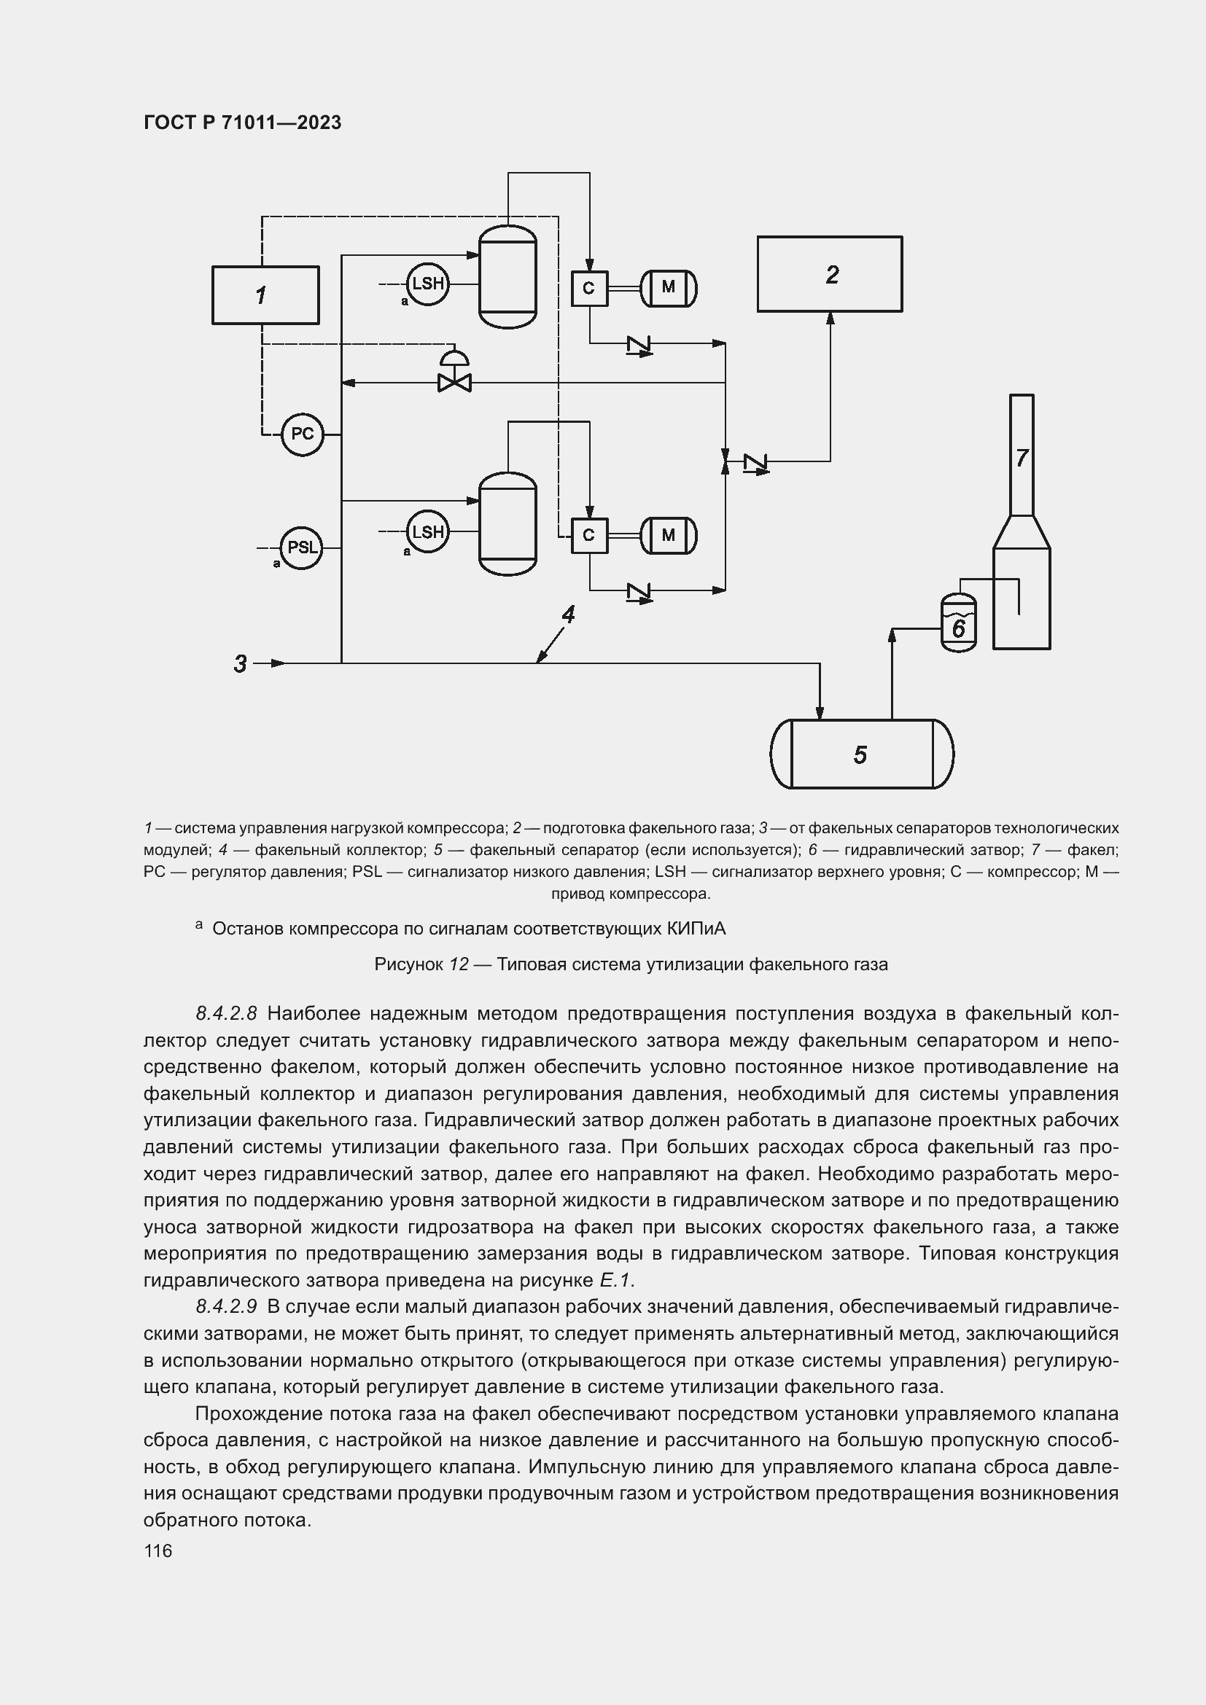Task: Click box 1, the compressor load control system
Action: coord(265,295)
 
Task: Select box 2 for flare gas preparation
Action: coord(830,274)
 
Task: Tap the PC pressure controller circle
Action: coord(303,434)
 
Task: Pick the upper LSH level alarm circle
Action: coord(428,284)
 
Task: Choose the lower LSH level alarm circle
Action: coord(428,531)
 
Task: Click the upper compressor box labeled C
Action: coord(589,288)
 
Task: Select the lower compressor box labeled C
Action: coord(589,536)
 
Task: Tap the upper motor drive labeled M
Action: coord(669,288)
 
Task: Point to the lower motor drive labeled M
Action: coord(669,536)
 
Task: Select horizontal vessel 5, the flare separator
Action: coord(861,754)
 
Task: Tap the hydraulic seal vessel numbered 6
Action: coord(958,625)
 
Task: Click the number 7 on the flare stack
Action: coord(1022,459)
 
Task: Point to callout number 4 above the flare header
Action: coord(568,615)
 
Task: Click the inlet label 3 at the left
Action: coord(240,664)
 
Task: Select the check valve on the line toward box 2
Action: coord(756,463)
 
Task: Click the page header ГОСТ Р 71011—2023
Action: coord(242,122)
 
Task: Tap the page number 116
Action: coord(157,1551)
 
